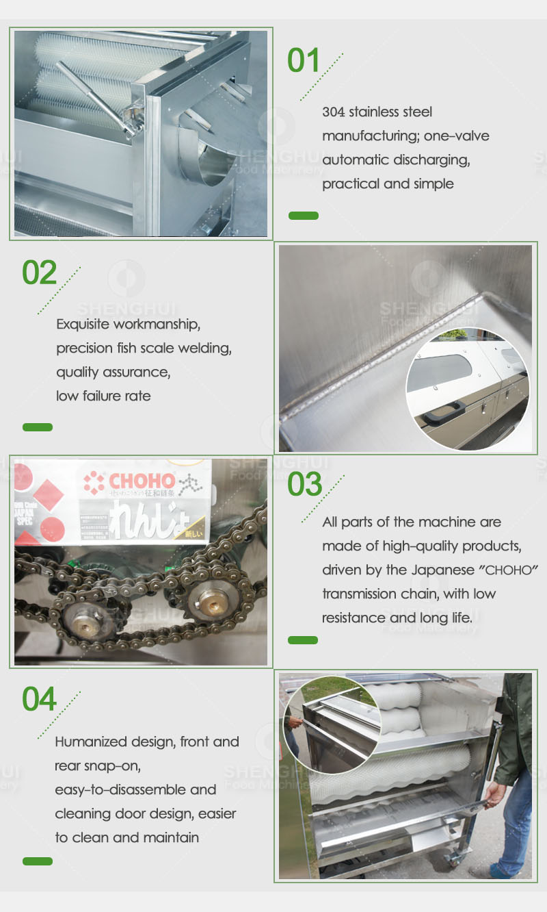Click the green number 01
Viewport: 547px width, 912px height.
[x=304, y=60]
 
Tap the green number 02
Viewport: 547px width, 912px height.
[x=39, y=273]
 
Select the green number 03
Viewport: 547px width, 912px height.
[x=304, y=484]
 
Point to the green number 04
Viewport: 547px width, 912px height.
[x=39, y=698]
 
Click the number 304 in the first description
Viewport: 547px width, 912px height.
[x=334, y=112]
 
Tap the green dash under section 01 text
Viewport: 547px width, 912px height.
[x=304, y=216]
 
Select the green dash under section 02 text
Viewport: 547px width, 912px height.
[x=38, y=427]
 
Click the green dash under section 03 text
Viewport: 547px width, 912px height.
[x=303, y=640]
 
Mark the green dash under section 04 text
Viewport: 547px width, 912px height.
[x=38, y=861]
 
